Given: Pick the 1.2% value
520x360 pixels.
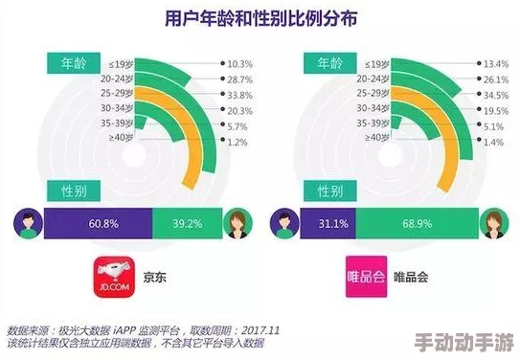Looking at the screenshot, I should click(x=237, y=142).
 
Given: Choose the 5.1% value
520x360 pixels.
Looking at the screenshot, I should click(x=493, y=126).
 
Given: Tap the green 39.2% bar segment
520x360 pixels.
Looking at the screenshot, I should click(x=188, y=225).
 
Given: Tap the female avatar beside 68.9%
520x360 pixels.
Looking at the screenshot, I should click(x=494, y=225).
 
